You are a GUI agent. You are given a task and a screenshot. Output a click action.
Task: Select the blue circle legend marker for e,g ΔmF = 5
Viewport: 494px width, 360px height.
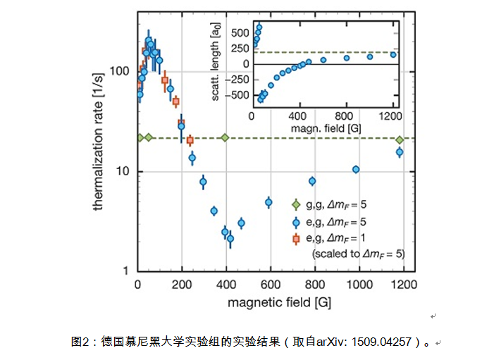point(297,222)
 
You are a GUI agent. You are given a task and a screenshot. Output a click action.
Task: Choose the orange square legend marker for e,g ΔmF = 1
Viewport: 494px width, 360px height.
point(297,238)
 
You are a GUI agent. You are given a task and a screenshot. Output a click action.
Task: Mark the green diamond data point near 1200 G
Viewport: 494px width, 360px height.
point(400,139)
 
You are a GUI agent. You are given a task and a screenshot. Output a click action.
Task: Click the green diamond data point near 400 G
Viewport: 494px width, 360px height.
point(225,137)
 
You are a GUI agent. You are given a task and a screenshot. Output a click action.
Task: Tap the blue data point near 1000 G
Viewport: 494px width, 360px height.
point(356,170)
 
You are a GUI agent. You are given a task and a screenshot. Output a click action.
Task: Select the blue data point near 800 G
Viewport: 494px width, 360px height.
point(312,181)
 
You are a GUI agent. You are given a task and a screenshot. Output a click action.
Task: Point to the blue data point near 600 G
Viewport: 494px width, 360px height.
point(268,202)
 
